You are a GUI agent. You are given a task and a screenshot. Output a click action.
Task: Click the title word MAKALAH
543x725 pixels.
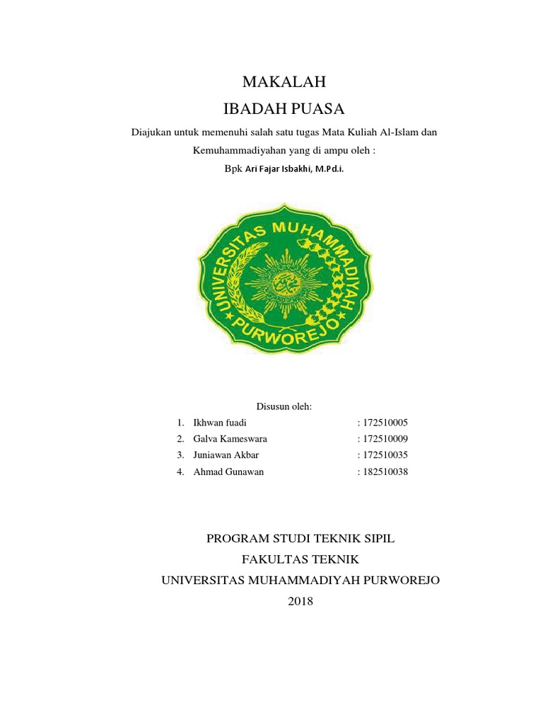click(284, 82)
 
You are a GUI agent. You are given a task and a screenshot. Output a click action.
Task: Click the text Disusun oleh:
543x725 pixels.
click(284, 406)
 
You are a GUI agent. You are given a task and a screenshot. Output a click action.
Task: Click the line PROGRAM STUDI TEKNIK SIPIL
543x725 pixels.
click(300, 539)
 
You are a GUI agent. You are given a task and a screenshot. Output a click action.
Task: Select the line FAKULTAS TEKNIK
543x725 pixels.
click(300, 559)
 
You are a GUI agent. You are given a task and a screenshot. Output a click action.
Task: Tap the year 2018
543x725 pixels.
click(300, 602)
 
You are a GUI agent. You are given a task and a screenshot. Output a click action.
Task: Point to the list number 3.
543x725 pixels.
click(180, 455)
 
